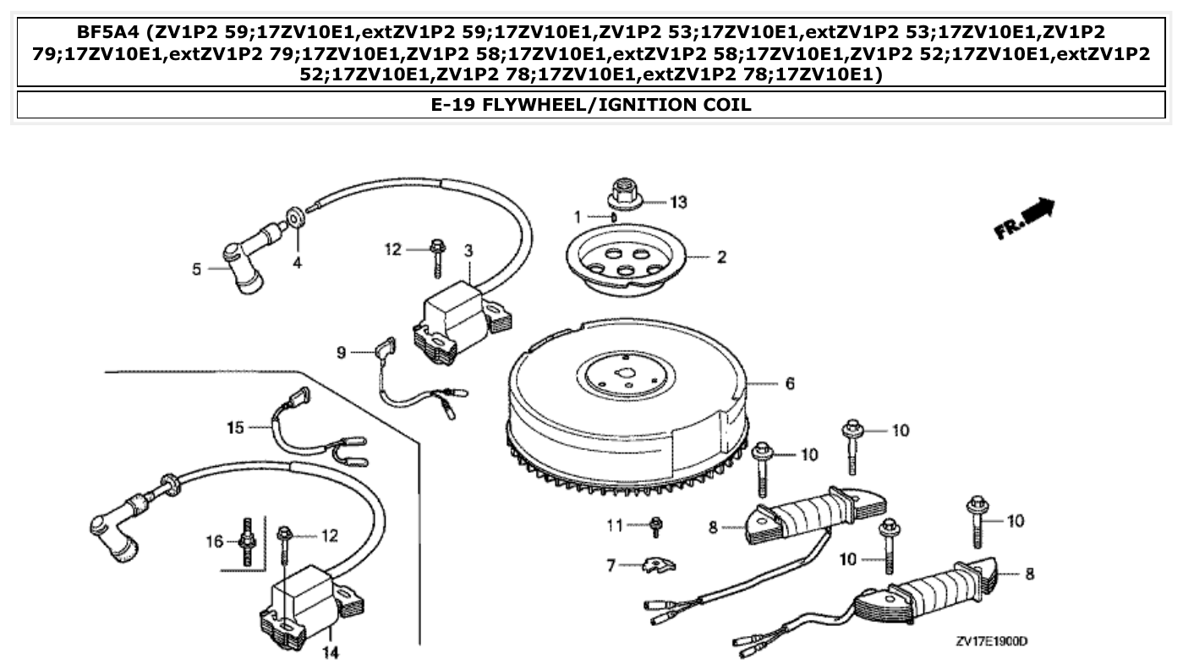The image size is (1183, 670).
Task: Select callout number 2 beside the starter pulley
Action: [720, 257]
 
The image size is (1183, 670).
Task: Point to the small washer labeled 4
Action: [296, 218]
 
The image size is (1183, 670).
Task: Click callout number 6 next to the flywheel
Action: [789, 383]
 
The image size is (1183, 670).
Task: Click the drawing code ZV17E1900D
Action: [991, 641]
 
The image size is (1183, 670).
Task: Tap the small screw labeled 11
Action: [655, 526]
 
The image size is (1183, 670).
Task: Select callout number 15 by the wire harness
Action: [235, 427]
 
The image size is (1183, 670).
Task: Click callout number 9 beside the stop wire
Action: [342, 352]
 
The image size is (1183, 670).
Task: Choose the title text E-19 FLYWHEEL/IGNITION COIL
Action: [591, 105]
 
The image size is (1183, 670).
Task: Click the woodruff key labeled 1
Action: [614, 217]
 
